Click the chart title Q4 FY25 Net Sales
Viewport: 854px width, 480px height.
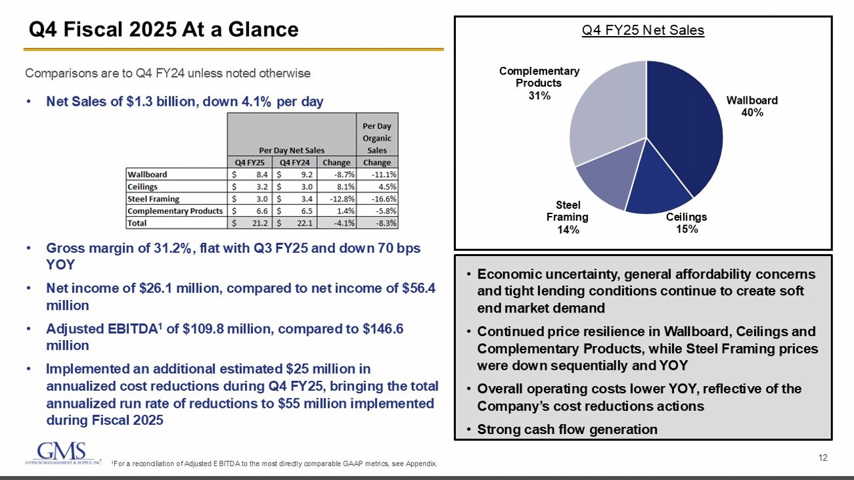coord(643,30)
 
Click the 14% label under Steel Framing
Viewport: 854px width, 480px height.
coord(568,229)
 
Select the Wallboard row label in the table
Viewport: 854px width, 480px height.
coord(147,175)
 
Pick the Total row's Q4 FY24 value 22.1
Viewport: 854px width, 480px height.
coord(305,223)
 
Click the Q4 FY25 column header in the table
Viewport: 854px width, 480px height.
coord(250,162)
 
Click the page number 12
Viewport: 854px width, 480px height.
coord(823,457)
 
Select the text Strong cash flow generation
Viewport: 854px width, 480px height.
coord(567,429)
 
